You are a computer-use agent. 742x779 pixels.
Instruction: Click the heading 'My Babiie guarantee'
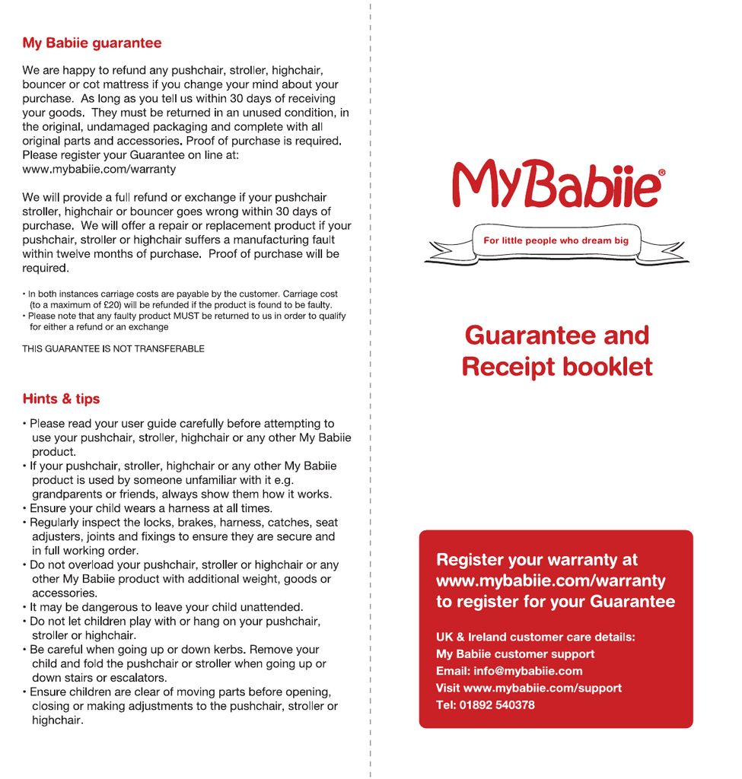(91, 43)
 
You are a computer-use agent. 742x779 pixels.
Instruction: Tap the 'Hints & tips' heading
(61, 399)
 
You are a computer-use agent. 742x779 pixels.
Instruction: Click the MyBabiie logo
(556, 185)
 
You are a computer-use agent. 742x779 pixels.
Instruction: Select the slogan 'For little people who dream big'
(556, 240)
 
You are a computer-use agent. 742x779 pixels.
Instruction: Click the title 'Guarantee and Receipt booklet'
(556, 351)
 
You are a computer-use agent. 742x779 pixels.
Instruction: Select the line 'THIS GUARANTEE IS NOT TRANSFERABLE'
(113, 349)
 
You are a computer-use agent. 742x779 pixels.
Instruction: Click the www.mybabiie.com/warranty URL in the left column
(99, 169)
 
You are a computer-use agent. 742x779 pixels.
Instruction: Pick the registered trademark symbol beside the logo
(661, 173)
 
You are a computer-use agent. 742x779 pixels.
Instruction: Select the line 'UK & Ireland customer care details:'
(535, 638)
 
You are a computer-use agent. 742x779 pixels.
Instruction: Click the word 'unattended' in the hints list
(272, 607)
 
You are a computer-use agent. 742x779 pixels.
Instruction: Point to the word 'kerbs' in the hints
(226, 650)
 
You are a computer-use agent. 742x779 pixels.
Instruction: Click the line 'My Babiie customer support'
(515, 654)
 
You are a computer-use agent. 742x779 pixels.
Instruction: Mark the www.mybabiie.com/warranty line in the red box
(550, 581)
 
